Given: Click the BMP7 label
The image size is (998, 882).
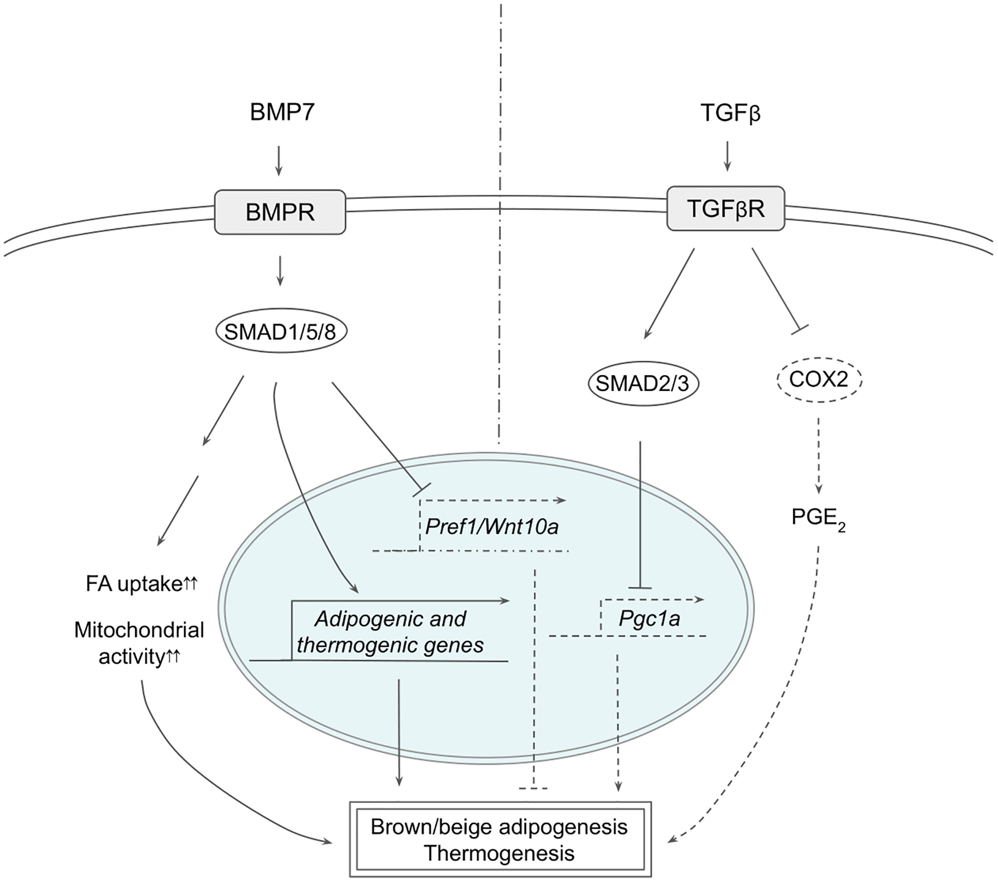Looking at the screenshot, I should [282, 114].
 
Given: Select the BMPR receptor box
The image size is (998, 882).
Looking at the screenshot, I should [280, 212].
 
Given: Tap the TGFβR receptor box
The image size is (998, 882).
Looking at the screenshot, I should [726, 209].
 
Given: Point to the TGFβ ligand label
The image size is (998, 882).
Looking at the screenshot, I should [730, 114].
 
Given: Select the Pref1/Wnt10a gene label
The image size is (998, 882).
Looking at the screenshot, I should [492, 527].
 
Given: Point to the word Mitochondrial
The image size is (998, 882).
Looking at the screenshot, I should [139, 631].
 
